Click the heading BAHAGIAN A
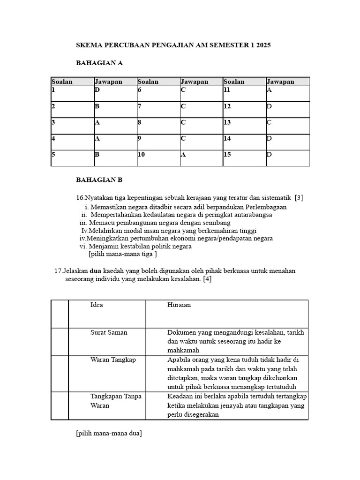click(x=99, y=63)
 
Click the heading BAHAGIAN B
click(x=99, y=180)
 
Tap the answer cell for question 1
click(x=115, y=93)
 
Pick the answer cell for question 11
click(x=287, y=93)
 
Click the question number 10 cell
click(x=158, y=158)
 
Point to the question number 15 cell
click(x=244, y=158)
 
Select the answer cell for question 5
click(x=115, y=158)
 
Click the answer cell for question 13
click(x=287, y=126)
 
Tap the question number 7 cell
click(x=158, y=110)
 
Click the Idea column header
click(x=106, y=314)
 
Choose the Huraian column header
click(x=226, y=314)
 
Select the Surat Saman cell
click(x=106, y=341)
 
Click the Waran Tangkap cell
click(x=106, y=373)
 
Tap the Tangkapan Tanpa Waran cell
click(x=106, y=405)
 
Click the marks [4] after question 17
click(x=207, y=279)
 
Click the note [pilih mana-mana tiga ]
click(x=123, y=254)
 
